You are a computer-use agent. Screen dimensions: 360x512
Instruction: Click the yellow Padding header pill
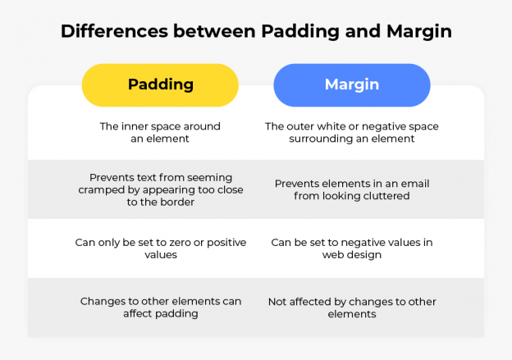[x=160, y=85]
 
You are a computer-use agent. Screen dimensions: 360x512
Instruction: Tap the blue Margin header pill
[x=351, y=85]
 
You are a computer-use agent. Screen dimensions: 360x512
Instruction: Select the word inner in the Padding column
[x=139, y=127]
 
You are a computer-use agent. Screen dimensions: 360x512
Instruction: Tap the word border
[x=176, y=202]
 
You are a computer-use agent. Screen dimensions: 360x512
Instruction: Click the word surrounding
[x=322, y=139]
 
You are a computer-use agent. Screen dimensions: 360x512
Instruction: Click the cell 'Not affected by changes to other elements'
[x=351, y=308]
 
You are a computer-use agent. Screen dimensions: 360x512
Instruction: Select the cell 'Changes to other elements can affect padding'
[x=160, y=308]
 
